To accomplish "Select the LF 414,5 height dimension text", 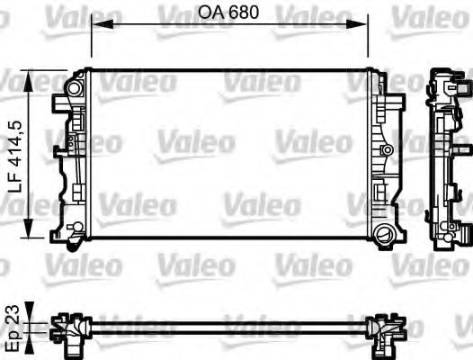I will coord(13,154).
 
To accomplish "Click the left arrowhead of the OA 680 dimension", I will coord(96,26).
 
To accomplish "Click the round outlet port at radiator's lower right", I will coord(385,236).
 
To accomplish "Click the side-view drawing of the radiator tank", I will coord(444,157).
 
